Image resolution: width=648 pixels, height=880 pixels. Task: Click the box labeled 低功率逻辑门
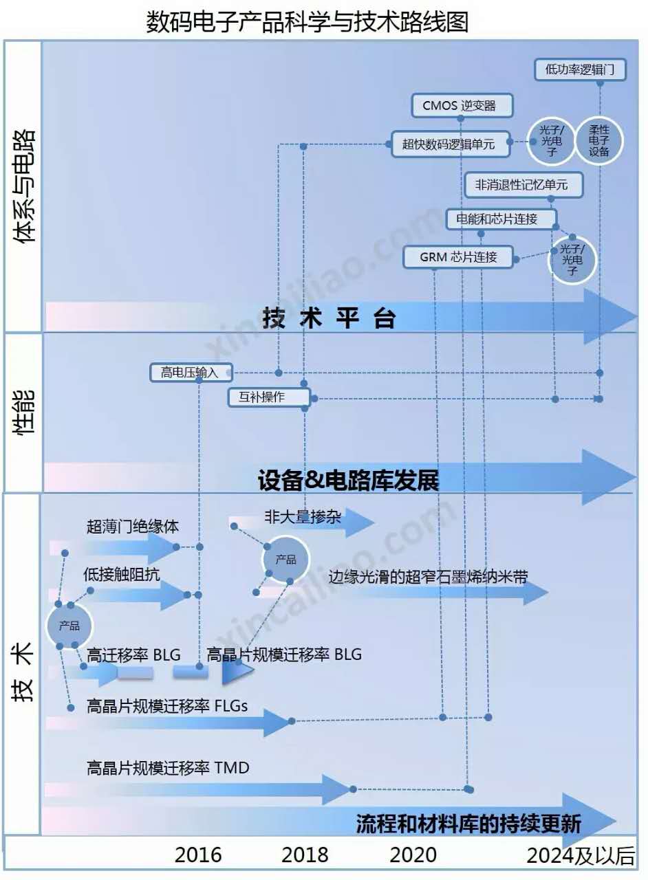(580, 70)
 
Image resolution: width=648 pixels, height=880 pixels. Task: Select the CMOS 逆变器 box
(462, 105)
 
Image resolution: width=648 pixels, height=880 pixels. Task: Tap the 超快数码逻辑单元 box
(451, 144)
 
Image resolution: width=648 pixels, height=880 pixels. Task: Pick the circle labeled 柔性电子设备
(599, 140)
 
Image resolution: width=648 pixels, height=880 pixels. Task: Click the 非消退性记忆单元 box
(523, 185)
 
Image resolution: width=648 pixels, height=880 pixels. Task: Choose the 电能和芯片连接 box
(501, 219)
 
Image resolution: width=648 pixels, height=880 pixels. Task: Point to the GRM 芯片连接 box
(458, 257)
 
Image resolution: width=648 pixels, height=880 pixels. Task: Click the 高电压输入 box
(191, 373)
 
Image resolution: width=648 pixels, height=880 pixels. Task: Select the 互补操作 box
(270, 397)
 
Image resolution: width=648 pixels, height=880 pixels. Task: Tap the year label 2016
(198, 855)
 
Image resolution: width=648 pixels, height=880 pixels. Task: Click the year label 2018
(305, 855)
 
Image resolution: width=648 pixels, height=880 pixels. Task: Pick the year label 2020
(413, 855)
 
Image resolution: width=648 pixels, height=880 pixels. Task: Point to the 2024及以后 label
(581, 855)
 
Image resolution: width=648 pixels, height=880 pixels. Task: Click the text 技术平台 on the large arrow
(329, 318)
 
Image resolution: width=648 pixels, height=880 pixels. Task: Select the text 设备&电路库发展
(348, 480)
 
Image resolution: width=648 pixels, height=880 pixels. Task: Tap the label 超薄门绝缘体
(133, 527)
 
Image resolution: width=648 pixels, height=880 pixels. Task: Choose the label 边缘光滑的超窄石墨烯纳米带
(428, 577)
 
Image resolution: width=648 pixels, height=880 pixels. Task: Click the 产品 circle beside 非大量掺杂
(285, 559)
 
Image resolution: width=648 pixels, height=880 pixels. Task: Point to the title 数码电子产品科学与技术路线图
(307, 22)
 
